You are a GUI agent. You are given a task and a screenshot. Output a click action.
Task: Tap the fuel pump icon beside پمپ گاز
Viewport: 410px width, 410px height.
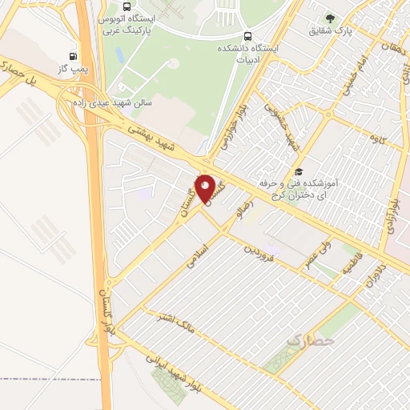(x=74, y=57)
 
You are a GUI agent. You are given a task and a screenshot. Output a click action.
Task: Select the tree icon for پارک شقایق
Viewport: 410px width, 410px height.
(x=328, y=18)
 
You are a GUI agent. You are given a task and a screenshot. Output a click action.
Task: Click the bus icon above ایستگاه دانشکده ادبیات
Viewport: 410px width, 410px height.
(x=247, y=36)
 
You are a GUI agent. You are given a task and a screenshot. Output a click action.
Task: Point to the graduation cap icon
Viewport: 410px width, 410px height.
(x=299, y=171)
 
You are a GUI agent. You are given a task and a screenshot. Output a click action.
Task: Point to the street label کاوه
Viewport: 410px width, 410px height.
(x=373, y=138)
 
